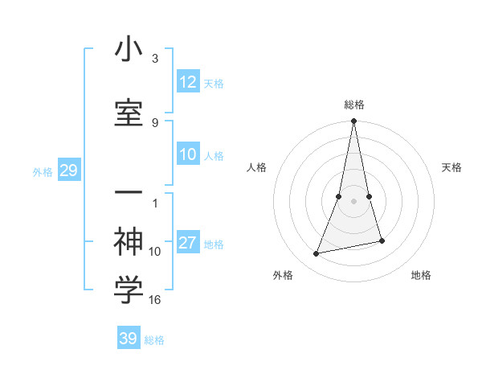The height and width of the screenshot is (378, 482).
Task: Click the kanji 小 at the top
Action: coord(129,50)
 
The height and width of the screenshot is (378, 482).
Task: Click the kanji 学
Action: coord(129,290)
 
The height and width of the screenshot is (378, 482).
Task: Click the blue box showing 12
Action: coord(188,82)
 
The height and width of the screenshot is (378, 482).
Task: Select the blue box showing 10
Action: coord(188,155)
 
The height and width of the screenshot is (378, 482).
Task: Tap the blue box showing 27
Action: coord(188,244)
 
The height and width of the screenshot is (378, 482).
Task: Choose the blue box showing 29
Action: coord(68,171)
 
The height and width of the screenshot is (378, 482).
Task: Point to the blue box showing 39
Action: coord(129,339)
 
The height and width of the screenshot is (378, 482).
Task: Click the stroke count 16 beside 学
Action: coord(155,300)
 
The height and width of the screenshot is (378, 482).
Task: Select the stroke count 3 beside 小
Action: coord(155,59)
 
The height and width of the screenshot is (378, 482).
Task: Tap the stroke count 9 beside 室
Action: coord(155,122)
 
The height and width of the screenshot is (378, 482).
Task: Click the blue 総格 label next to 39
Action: coord(154,340)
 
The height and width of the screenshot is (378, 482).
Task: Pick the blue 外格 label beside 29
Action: coord(43,172)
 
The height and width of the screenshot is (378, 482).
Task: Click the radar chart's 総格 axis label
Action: coord(354,105)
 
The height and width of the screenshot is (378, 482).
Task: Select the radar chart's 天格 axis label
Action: coord(452,167)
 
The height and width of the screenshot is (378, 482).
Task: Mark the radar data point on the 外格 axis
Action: coord(317,254)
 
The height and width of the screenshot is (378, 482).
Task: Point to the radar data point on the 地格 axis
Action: coord(382,240)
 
